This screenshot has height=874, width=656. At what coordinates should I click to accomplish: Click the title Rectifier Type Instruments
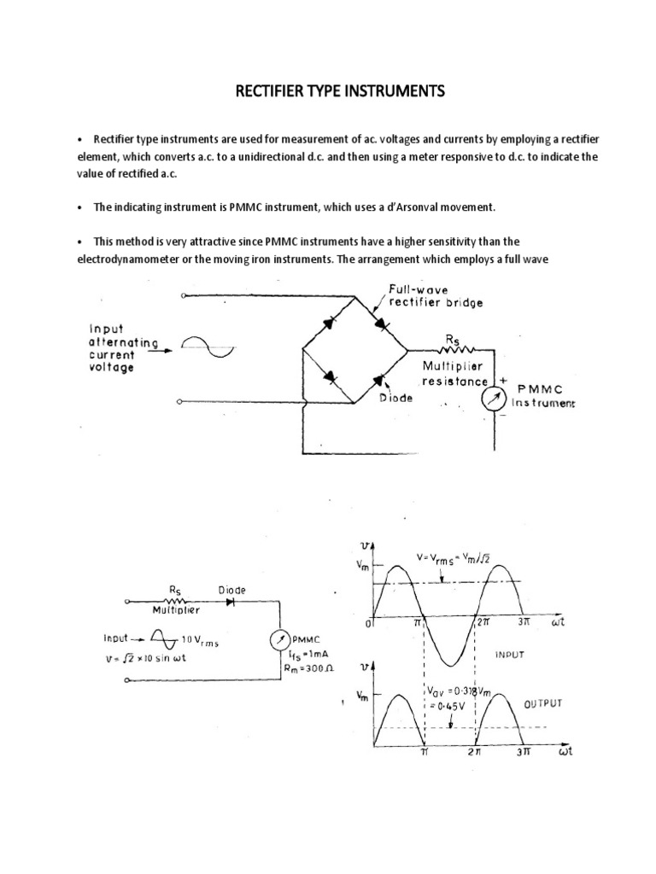click(x=340, y=91)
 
